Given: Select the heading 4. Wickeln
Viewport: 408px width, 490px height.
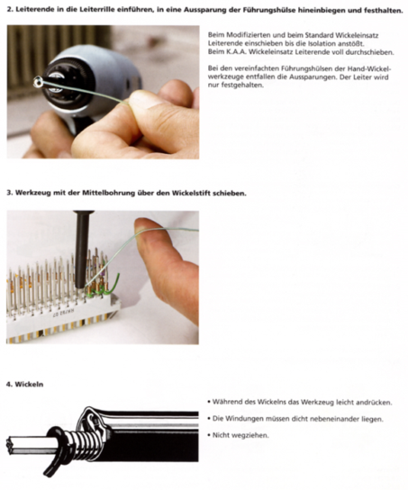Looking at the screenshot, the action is (24, 384).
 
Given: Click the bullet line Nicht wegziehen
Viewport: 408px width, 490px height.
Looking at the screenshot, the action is (239, 435).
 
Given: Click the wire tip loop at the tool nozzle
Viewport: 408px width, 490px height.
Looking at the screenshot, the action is (38, 81).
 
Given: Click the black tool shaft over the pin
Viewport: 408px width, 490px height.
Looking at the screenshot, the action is (82, 250).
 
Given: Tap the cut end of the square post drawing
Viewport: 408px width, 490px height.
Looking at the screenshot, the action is (10, 445).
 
